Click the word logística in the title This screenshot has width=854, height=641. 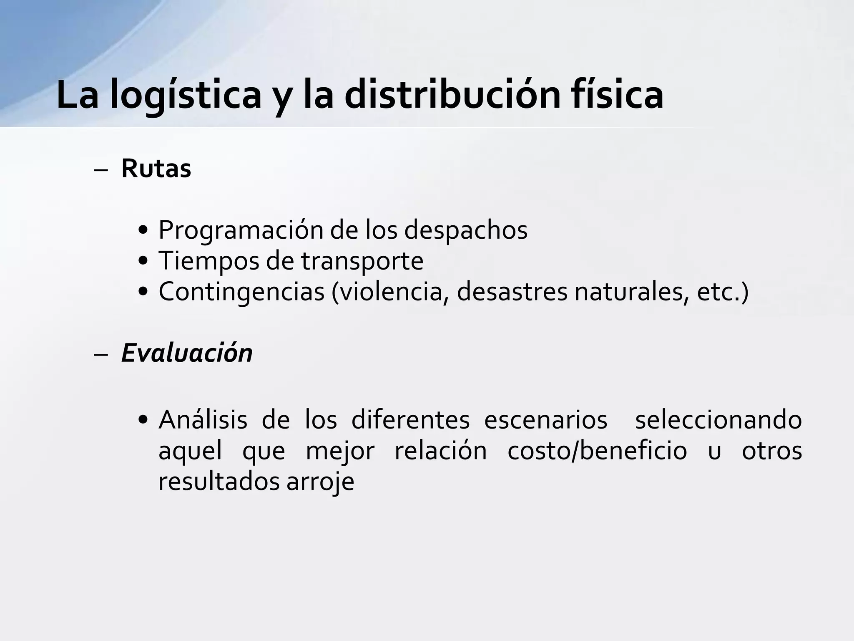tap(185, 95)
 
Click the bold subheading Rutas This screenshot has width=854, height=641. tap(156, 169)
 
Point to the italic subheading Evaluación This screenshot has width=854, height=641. tap(187, 353)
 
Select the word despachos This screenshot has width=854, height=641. tap(465, 230)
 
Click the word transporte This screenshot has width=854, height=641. tap(362, 262)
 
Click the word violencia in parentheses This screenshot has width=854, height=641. tap(390, 292)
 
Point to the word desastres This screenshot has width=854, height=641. tap(512, 292)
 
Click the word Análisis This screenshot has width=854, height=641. tap(203, 420)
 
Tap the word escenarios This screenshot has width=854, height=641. tap(545, 420)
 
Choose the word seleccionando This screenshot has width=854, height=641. tap(718, 420)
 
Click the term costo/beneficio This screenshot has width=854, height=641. tap(597, 451)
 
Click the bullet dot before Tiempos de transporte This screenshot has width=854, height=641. tap(143, 262)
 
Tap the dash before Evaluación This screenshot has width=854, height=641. tap(100, 354)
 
